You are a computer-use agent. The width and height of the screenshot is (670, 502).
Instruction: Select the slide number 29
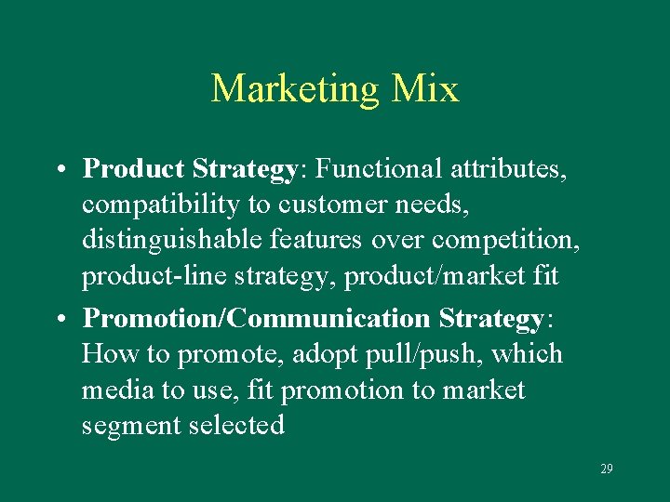607,469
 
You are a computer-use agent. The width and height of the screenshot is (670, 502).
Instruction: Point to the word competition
513,242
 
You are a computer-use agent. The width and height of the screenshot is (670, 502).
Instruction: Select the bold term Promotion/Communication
256,318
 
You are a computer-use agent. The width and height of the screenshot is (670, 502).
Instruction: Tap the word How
104,354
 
